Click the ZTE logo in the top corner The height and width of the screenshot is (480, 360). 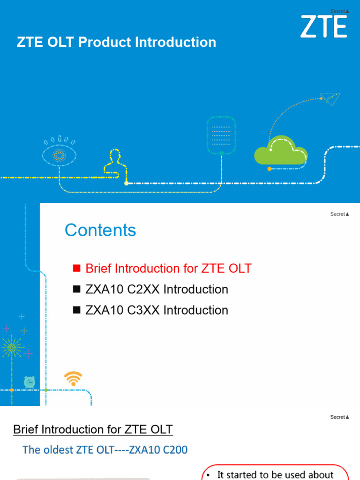323,26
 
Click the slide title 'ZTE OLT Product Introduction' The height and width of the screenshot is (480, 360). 116,42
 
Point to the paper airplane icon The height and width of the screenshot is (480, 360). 330,98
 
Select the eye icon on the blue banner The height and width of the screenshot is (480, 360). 59,154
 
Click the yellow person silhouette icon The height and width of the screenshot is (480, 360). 114,162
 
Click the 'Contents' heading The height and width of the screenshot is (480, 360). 100,230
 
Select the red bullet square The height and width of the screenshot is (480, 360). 77,269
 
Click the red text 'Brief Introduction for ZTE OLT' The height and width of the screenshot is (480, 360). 168,269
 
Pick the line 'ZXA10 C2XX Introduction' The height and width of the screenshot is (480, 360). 157,289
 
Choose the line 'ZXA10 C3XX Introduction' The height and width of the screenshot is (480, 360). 157,310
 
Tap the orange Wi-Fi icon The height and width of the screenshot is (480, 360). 73,378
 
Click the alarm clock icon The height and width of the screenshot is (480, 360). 30,382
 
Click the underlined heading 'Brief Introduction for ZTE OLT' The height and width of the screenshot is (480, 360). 93,429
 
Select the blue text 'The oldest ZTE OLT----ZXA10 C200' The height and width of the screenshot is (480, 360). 105,450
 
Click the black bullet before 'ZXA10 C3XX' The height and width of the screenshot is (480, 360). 77,310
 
